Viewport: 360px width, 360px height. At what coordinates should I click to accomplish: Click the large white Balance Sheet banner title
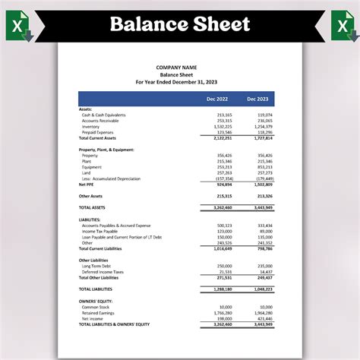(x=180, y=24)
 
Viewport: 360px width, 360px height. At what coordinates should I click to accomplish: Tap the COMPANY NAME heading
(x=176, y=67)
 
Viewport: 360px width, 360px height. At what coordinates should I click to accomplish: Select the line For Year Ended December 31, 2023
(x=176, y=81)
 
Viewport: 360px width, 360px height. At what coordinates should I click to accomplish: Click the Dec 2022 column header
(x=216, y=99)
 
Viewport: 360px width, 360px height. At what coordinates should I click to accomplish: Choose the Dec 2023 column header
(x=257, y=99)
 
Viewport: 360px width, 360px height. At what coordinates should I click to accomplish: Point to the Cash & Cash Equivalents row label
(x=104, y=115)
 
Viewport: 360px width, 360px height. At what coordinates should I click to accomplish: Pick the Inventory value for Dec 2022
(x=223, y=127)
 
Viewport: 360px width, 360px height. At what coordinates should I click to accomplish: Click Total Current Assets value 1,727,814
(x=263, y=138)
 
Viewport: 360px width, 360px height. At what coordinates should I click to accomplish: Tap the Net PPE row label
(x=88, y=184)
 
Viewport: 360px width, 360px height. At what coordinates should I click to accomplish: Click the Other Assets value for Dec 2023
(x=264, y=196)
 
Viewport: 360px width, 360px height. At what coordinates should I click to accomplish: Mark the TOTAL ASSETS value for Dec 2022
(x=223, y=207)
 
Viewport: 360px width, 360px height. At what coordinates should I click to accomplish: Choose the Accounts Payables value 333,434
(x=264, y=225)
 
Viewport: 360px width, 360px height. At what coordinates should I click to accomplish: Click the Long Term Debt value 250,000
(x=224, y=266)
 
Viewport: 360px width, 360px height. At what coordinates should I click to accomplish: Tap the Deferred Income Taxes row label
(x=103, y=272)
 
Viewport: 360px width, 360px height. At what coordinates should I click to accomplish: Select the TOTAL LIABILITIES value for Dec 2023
(x=263, y=289)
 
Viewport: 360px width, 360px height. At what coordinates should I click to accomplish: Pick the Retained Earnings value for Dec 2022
(x=223, y=312)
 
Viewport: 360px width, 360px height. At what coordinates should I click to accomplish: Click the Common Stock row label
(x=96, y=306)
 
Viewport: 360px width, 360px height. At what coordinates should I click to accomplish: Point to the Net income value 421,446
(x=264, y=318)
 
